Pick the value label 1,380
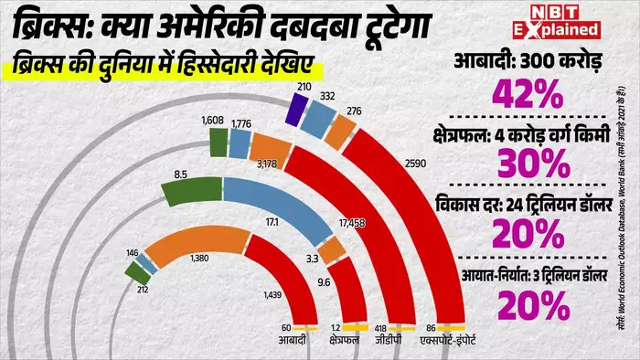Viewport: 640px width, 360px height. point(199,259)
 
